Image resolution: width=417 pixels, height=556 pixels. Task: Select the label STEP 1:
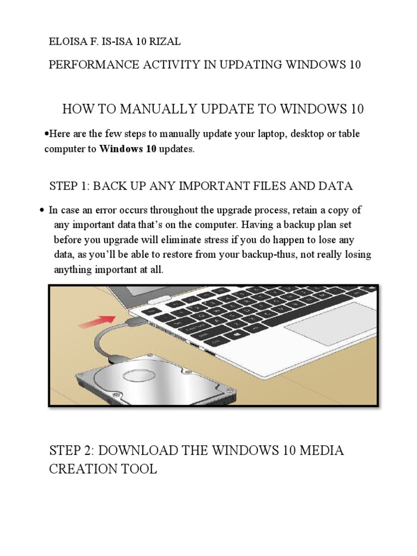pos(69,186)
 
